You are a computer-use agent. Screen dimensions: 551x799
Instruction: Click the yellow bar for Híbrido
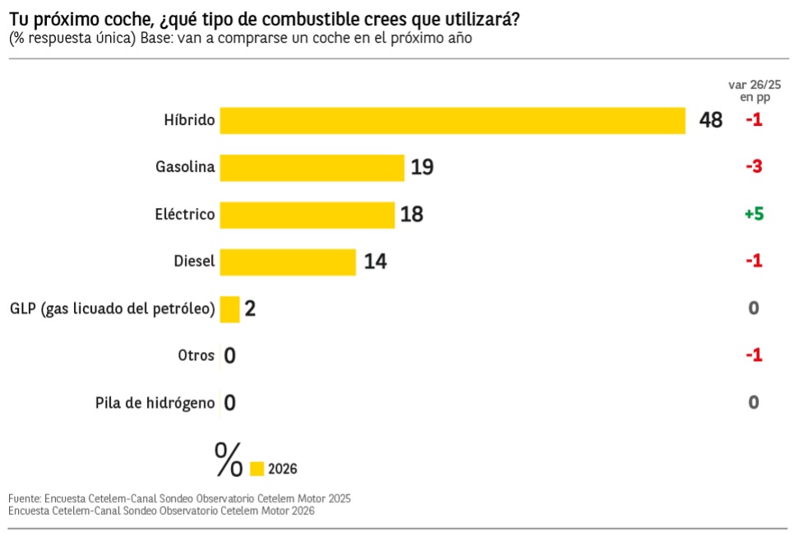pyautogui.click(x=452, y=120)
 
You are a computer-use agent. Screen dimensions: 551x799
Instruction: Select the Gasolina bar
pyautogui.click(x=312, y=167)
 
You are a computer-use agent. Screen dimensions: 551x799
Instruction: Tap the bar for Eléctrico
pyautogui.click(x=307, y=215)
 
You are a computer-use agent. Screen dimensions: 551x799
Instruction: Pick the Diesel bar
pyautogui.click(x=288, y=262)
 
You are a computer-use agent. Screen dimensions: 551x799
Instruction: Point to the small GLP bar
pyautogui.click(x=229, y=309)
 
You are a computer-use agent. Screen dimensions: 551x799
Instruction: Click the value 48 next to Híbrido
pyautogui.click(x=711, y=120)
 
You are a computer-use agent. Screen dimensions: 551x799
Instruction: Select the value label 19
pyautogui.click(x=422, y=167)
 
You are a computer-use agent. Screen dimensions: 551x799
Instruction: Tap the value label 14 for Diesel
pyautogui.click(x=375, y=262)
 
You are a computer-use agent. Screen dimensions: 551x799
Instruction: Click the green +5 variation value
pyautogui.click(x=754, y=214)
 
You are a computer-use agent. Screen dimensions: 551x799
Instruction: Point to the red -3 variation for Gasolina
pyautogui.click(x=754, y=167)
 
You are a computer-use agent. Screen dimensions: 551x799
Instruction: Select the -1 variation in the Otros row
pyautogui.click(x=754, y=355)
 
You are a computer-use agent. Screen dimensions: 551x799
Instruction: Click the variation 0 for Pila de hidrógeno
pyautogui.click(x=754, y=402)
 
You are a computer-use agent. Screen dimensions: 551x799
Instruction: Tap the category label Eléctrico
pyautogui.click(x=185, y=215)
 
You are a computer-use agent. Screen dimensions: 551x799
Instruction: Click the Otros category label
pyautogui.click(x=196, y=356)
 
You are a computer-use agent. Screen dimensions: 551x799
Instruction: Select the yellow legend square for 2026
pyautogui.click(x=256, y=469)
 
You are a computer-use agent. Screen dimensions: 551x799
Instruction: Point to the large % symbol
pyautogui.click(x=229, y=460)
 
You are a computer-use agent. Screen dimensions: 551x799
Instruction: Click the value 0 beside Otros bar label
pyautogui.click(x=230, y=356)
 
